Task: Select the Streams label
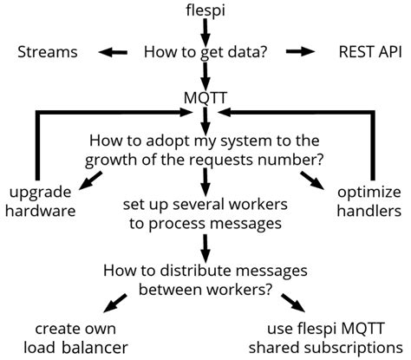(x=48, y=53)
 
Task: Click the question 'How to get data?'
(x=205, y=53)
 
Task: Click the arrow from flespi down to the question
(x=205, y=32)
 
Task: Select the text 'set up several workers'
(x=205, y=206)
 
